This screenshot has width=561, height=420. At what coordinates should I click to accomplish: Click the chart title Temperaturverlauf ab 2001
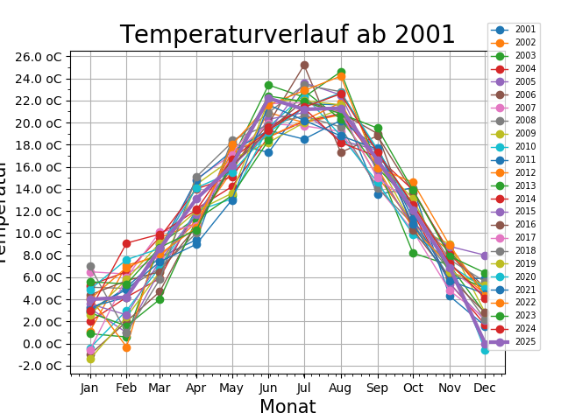288,35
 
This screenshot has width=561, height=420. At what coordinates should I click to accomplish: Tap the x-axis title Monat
288,407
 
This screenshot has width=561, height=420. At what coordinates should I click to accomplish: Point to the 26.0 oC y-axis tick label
39,57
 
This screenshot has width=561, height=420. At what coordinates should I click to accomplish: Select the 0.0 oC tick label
42,344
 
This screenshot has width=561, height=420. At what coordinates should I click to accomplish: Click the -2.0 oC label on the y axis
40,366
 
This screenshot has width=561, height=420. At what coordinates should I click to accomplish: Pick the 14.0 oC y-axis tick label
39,189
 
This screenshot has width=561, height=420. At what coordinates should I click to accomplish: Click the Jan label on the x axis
90,387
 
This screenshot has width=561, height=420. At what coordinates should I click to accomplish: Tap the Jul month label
304,387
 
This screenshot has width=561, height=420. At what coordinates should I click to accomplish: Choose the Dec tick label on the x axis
484,387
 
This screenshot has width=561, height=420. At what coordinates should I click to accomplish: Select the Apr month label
196,387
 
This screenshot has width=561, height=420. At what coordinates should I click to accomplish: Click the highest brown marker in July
304,65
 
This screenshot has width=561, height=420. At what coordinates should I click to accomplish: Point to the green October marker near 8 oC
413,253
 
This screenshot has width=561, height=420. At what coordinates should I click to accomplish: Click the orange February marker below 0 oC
126,347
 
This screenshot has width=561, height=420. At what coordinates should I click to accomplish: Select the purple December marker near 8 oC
485,255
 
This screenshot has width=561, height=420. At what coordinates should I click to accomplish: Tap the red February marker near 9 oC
126,243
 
